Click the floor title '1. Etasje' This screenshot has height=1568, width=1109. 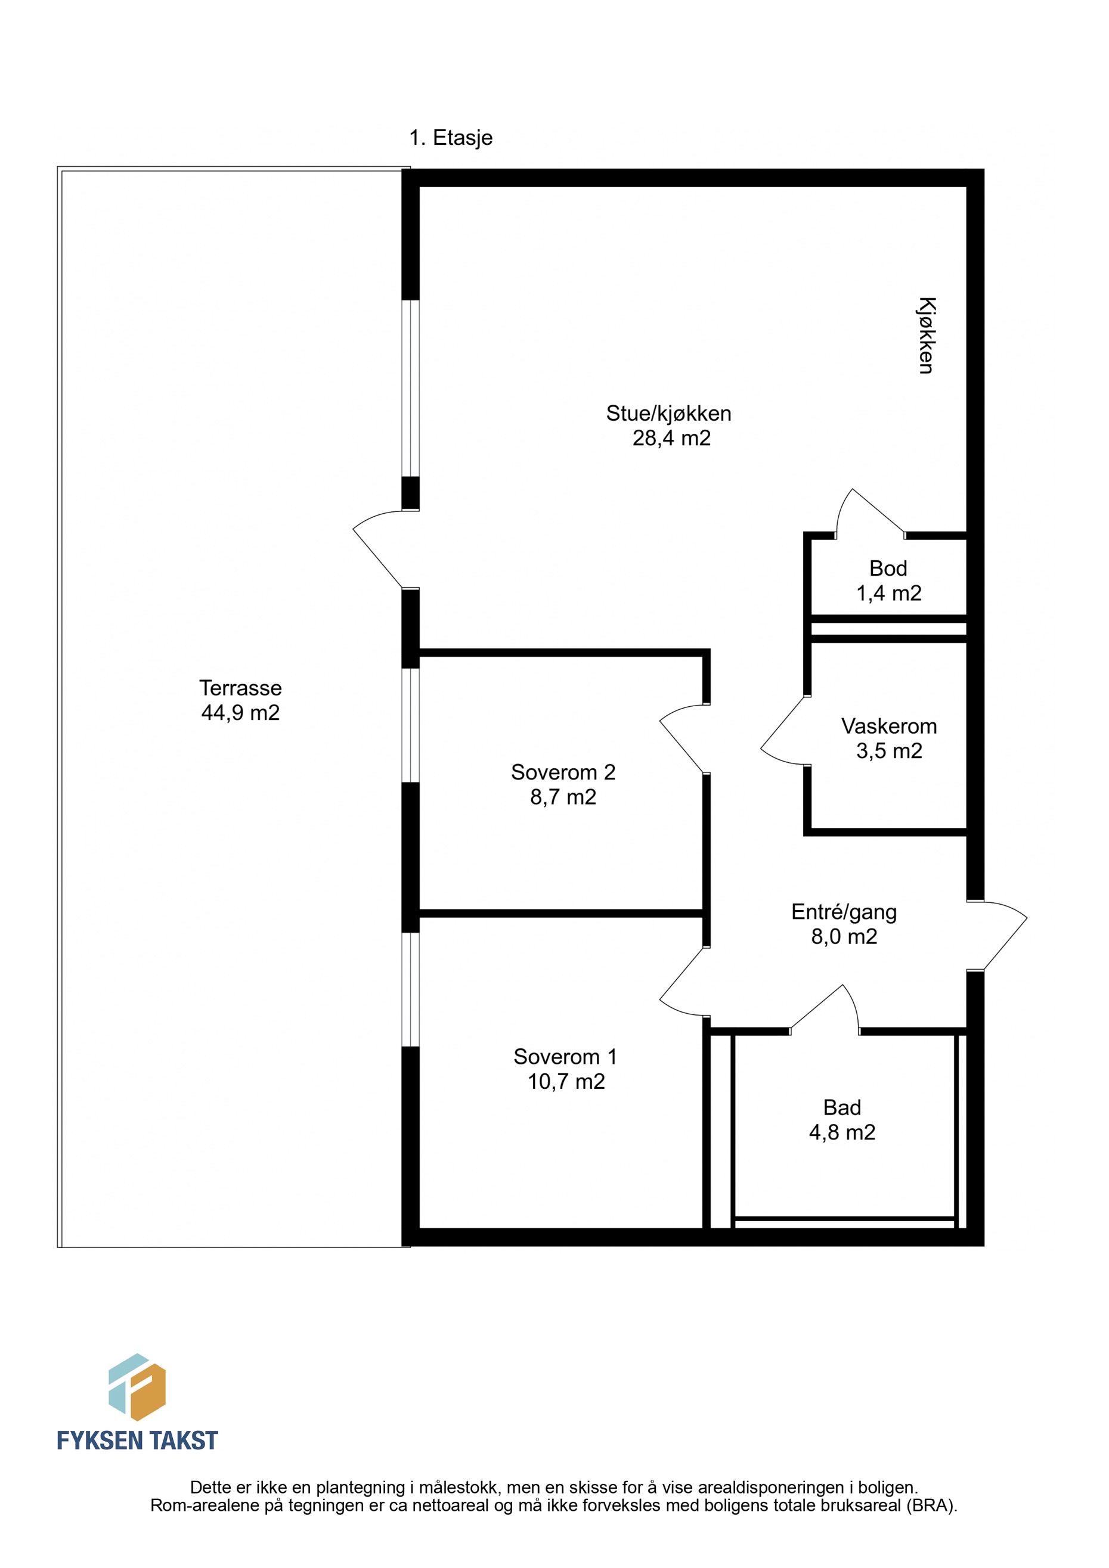point(450,138)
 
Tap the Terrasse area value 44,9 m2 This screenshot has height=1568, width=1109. point(240,713)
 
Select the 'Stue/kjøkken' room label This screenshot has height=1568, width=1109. point(669,414)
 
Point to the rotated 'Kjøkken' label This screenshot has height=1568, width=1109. point(926,336)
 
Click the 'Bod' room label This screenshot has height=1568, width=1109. point(888,568)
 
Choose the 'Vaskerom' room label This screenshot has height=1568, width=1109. point(889,726)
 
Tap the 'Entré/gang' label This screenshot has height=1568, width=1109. point(844,912)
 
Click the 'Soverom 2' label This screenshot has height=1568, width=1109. point(563,772)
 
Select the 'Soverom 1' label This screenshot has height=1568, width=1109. point(565,1057)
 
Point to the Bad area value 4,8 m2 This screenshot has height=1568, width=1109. point(842,1133)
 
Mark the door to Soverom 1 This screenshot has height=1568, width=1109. point(682,982)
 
